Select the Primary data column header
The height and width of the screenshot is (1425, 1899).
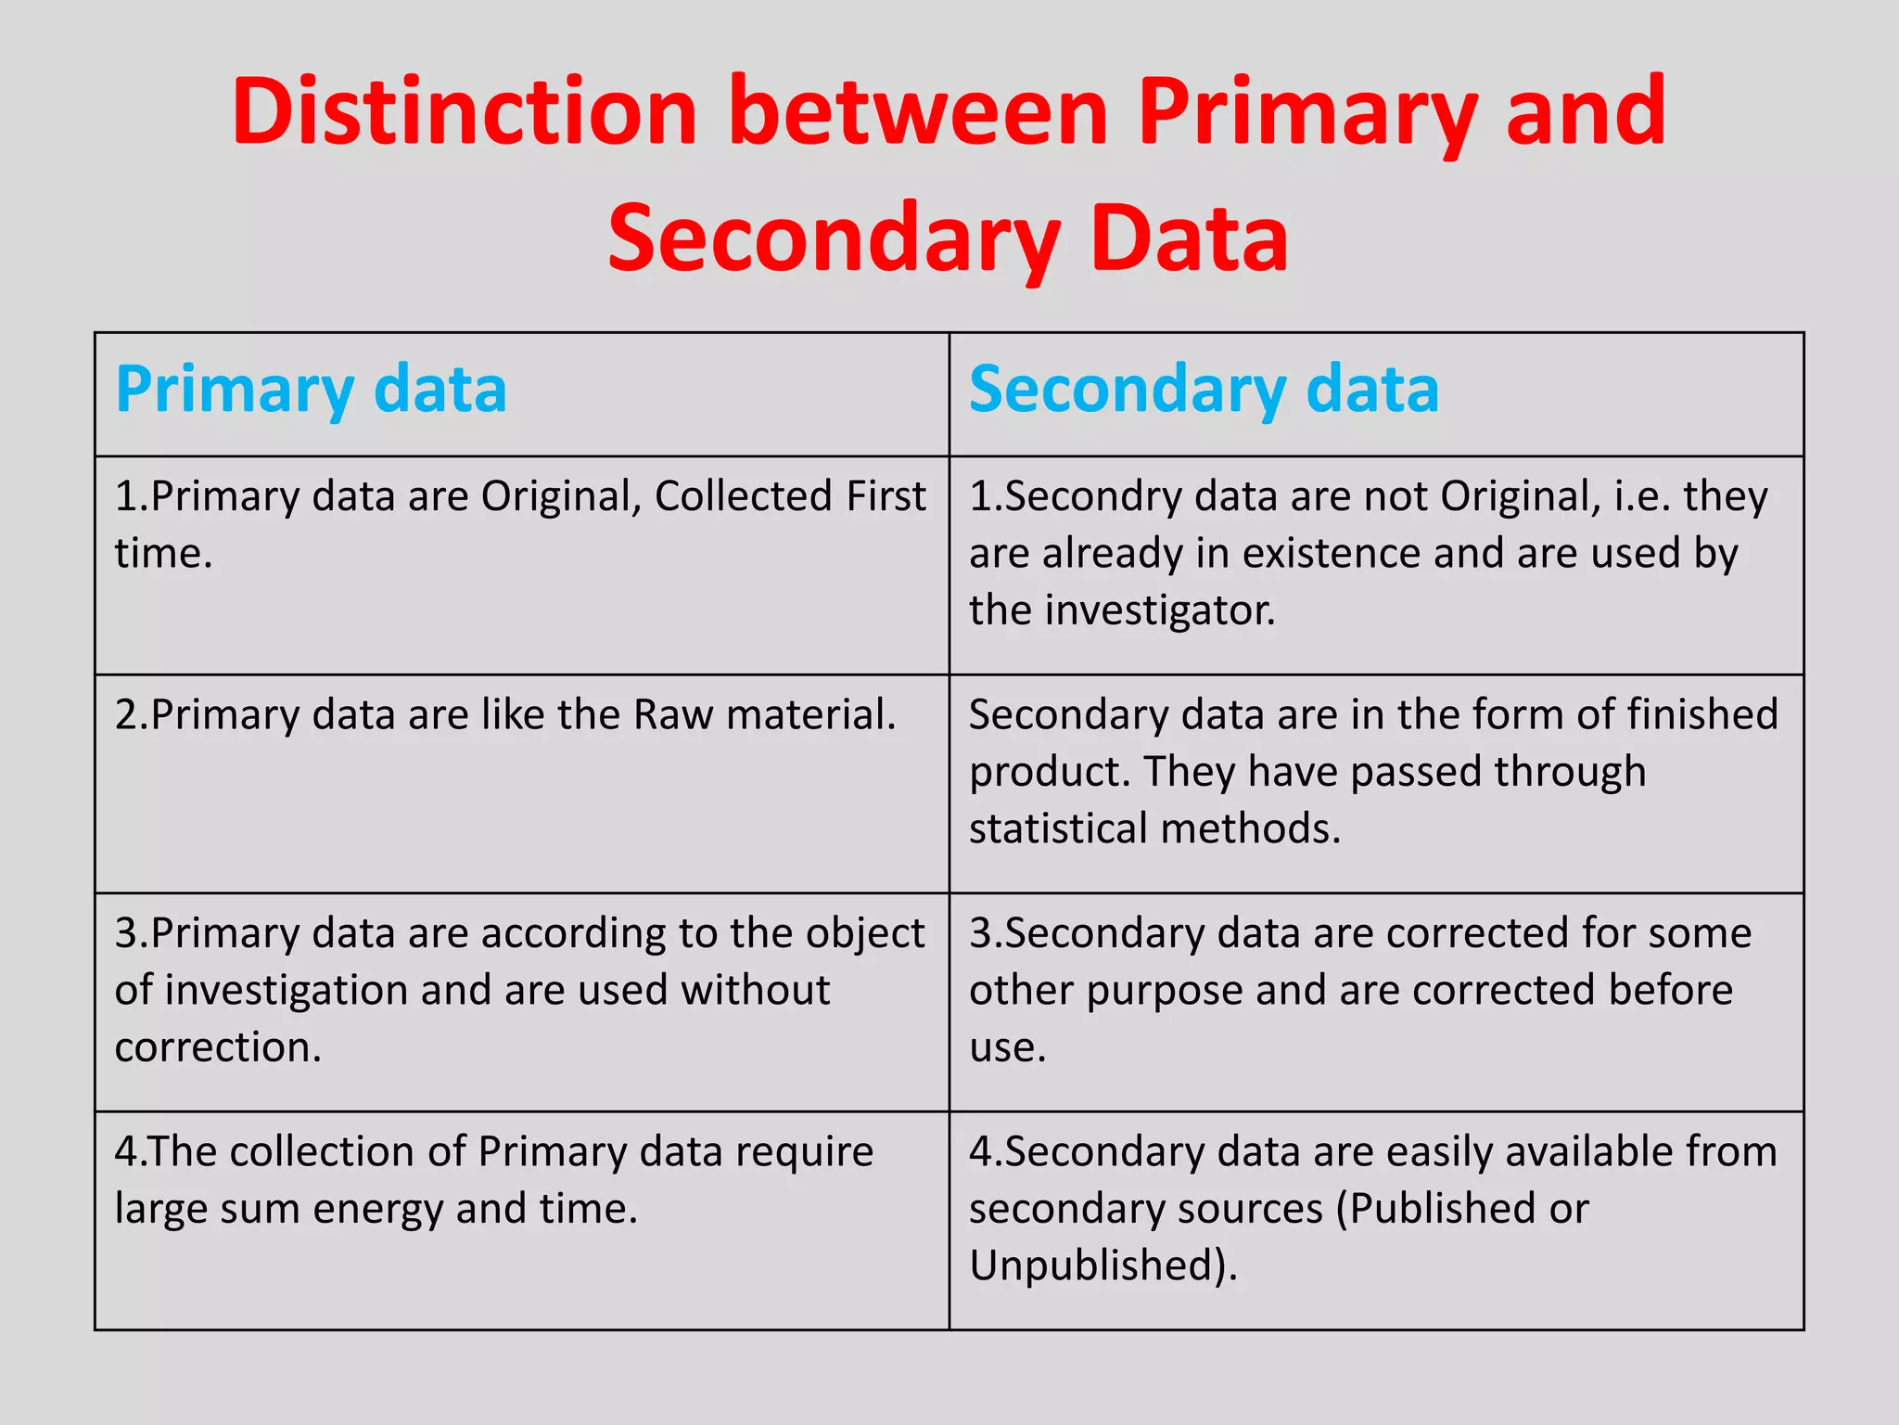point(312,389)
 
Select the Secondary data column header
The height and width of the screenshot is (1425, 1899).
point(1204,389)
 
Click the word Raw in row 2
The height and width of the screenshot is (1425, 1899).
point(673,715)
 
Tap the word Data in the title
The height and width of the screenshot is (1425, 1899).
point(1190,238)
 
